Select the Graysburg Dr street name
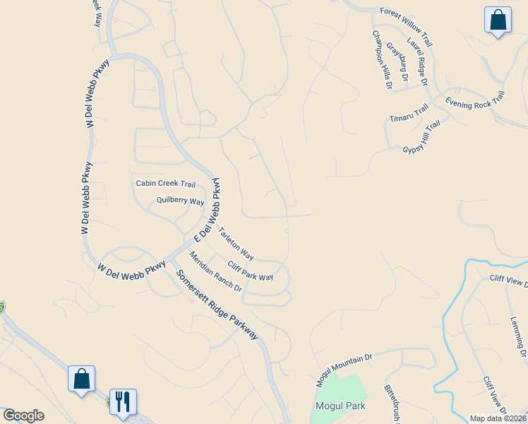397,60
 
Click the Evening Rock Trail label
475,100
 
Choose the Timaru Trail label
409,112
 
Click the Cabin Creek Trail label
166,184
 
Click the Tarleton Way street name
236,242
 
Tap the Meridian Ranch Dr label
215,273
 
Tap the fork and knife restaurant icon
123,401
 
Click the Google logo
23,416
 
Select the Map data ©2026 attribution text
497,418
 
